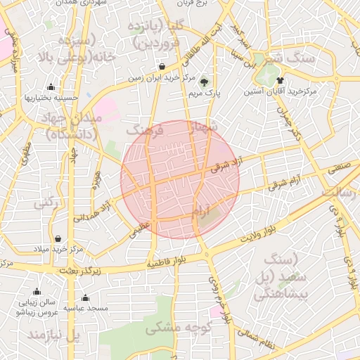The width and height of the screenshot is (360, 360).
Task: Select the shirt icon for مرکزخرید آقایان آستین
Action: (x=281, y=80)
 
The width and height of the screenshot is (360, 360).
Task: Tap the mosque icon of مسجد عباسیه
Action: (x=85, y=297)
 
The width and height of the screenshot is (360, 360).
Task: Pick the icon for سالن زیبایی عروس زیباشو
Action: (x=37, y=292)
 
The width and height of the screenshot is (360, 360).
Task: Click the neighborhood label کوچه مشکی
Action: (x=173, y=328)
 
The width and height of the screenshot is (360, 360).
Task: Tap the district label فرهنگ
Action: (x=145, y=130)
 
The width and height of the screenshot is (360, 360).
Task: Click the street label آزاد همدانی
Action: (x=98, y=207)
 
